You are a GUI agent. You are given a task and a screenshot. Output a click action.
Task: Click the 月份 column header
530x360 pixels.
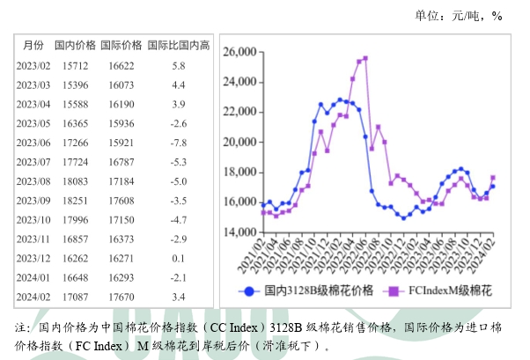[x=33, y=44]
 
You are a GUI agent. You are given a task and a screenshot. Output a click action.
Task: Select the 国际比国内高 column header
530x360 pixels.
[x=179, y=44]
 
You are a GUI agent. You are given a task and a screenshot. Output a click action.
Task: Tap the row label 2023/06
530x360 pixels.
[x=33, y=142]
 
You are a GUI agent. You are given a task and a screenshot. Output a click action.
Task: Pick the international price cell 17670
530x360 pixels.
[x=121, y=297]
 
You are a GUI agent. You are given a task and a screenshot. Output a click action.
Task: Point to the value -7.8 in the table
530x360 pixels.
[x=179, y=142]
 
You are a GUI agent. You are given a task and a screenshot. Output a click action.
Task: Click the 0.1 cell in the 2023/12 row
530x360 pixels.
[x=179, y=258]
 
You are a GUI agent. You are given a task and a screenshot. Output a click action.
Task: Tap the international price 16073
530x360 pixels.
[x=121, y=84]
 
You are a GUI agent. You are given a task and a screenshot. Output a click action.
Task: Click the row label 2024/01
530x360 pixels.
[x=33, y=277]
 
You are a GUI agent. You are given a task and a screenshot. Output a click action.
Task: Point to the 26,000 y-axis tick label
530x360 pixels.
[x=239, y=53]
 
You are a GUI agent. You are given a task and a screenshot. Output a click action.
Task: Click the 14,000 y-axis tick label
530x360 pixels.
[x=239, y=232]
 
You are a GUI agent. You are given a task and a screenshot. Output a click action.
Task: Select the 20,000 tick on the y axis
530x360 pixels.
[x=239, y=143]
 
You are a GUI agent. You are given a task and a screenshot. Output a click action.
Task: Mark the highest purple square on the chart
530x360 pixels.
[x=365, y=58]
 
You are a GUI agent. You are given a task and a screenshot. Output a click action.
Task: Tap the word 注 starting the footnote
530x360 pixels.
[x=20, y=327]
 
